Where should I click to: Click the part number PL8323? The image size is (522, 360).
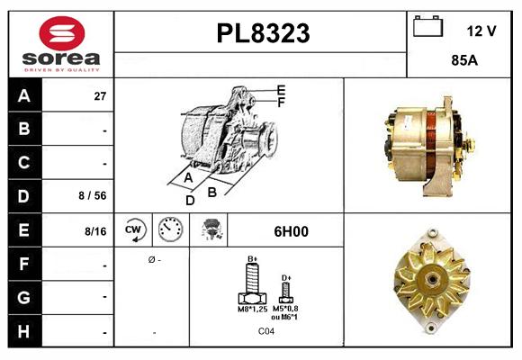click(263, 33)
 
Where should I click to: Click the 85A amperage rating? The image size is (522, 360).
click(463, 63)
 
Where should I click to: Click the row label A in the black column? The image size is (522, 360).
click(23, 95)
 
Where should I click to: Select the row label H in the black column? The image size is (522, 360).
click(23, 332)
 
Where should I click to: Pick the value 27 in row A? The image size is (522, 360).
click(100, 95)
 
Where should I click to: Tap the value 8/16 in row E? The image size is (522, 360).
click(94, 231)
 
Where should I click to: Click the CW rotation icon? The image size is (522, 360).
click(135, 230)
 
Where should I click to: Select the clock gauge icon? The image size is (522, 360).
click(171, 230)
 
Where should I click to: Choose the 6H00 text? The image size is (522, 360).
click(290, 231)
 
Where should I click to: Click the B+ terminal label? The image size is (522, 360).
click(253, 259)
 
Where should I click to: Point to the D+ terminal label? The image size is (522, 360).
click(286, 277)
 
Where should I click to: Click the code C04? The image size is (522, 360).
click(267, 331)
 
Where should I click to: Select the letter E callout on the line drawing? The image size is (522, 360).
click(281, 89)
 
